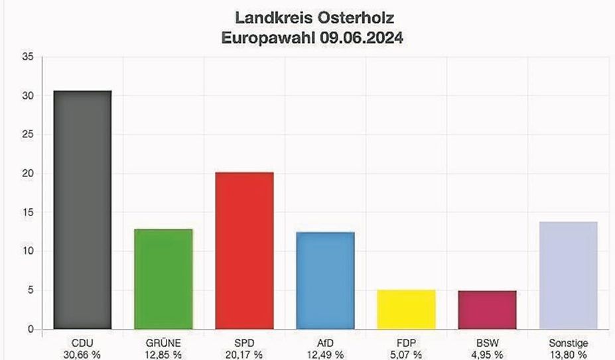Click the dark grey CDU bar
click(82, 210)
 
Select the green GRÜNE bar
click(163, 279)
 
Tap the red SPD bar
click(244, 251)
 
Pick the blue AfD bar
click(325, 280)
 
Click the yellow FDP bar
click(406, 310)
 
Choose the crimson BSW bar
click(488, 310)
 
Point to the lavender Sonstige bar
click(569, 275)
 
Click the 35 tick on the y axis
click(28, 57)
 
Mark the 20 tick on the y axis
click(28, 174)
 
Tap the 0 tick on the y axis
click(31, 330)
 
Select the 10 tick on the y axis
click(28, 251)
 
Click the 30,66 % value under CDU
click(82, 355)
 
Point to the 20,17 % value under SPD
click(244, 355)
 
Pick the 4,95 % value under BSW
click(488, 355)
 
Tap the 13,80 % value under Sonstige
click(569, 355)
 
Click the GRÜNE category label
click(163, 343)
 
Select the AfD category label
click(325, 343)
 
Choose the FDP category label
click(406, 343)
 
